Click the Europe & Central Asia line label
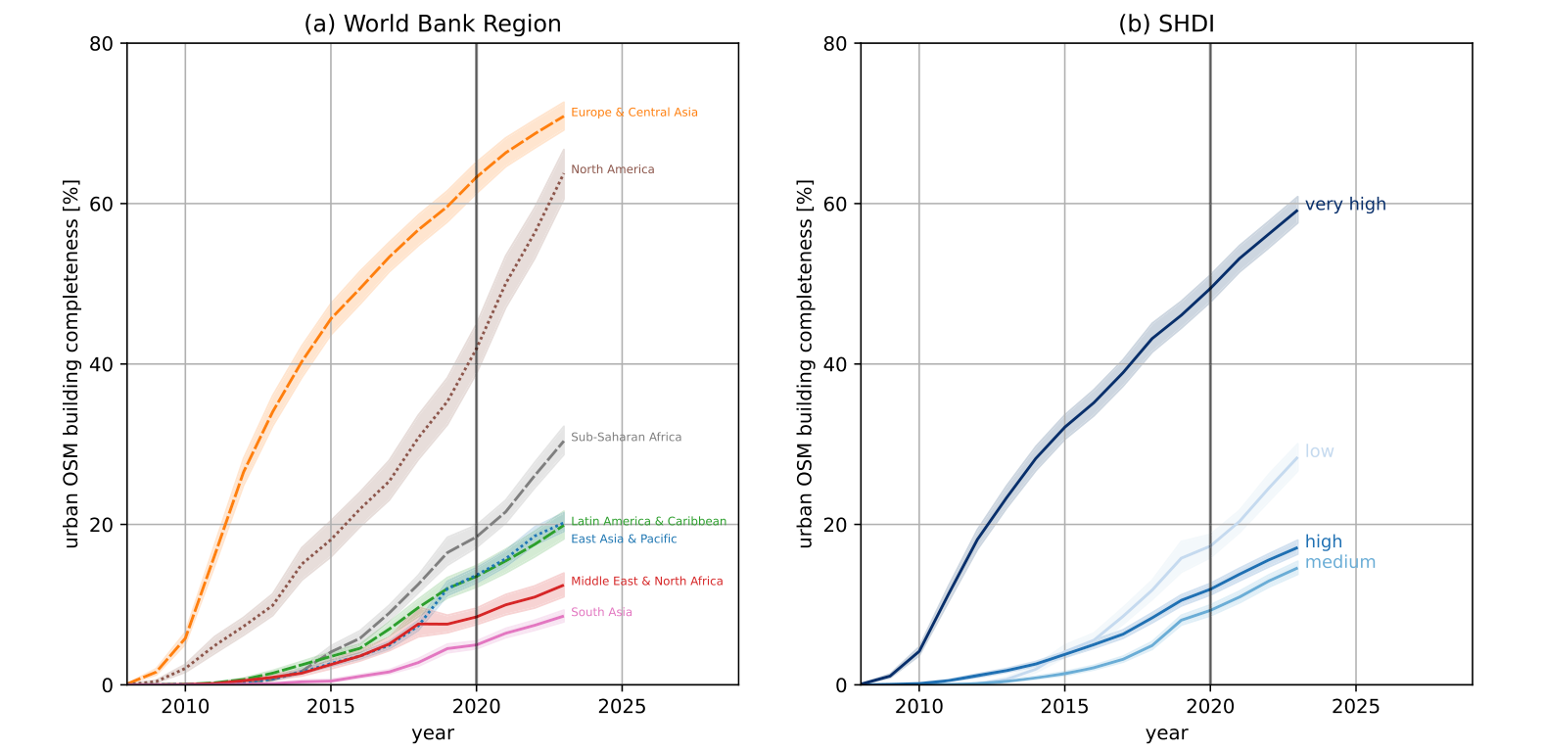(x=633, y=113)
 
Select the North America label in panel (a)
(x=613, y=169)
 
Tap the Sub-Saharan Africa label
(x=626, y=438)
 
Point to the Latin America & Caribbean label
(x=648, y=522)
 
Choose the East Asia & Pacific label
(x=624, y=539)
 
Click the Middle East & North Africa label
(x=647, y=582)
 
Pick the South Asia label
(x=601, y=613)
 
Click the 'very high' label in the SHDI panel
(x=1345, y=205)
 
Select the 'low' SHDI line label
(x=1319, y=451)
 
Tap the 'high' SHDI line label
(x=1323, y=541)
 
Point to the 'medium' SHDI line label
(x=1339, y=562)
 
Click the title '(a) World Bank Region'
(x=433, y=24)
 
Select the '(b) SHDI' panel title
(x=1166, y=24)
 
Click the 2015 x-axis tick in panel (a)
(x=330, y=706)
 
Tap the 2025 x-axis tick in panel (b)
(x=1355, y=706)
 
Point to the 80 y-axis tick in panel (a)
(x=101, y=43)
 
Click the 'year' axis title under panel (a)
(x=433, y=732)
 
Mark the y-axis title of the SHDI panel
(x=805, y=364)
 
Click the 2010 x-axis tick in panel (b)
(x=918, y=706)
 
